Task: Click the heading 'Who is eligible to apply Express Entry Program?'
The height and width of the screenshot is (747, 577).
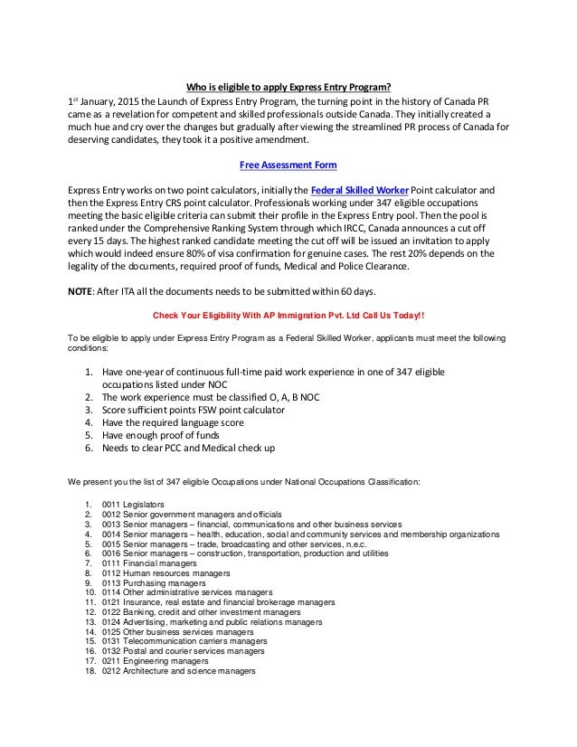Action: [288, 88]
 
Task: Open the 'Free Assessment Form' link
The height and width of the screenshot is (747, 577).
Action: [288, 166]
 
